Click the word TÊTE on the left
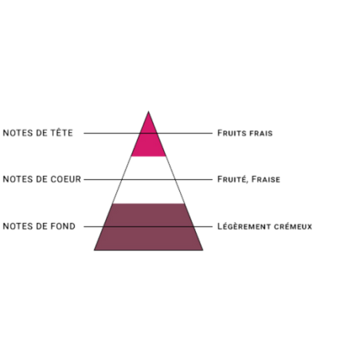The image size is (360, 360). click(x=61, y=132)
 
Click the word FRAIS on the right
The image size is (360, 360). click(x=261, y=133)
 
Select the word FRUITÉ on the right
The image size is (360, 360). click(x=233, y=179)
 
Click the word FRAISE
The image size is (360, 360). click(x=266, y=179)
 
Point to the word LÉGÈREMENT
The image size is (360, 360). click(x=245, y=226)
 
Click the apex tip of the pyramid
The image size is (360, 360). click(x=148, y=112)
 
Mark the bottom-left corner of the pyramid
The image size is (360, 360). click(x=94, y=250)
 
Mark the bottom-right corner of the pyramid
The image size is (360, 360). click(x=203, y=250)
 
